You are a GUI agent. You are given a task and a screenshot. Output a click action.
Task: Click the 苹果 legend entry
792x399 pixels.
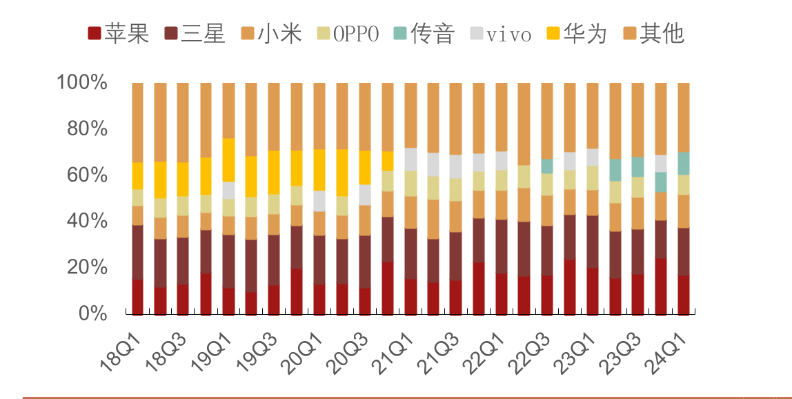pos(118,33)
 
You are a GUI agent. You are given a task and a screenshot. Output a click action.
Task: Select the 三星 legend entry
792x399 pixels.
pos(195,33)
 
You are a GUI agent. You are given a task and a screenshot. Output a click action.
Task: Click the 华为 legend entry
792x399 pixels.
pos(575,33)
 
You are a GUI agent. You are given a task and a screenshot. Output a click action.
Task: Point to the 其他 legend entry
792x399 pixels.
pos(653,33)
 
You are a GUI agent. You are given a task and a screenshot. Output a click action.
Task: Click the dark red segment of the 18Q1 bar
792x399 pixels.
pos(137,297)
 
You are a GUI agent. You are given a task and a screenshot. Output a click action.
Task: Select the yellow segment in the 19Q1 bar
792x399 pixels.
pos(228,159)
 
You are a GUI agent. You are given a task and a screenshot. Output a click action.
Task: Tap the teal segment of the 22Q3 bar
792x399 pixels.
pos(547,166)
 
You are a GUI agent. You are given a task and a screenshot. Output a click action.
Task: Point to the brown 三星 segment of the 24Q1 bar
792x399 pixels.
pos(684,251)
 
